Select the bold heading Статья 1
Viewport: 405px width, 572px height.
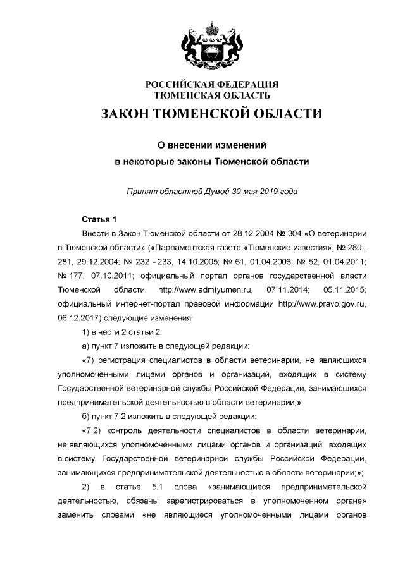(99, 220)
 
